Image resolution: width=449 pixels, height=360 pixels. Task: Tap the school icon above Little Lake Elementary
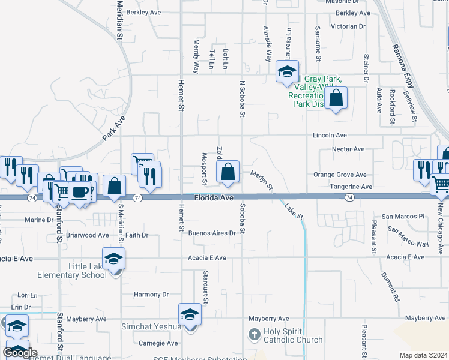click(x=113, y=259)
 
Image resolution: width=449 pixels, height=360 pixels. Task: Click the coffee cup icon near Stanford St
click(x=79, y=193)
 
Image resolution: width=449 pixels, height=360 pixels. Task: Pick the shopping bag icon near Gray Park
click(x=337, y=98)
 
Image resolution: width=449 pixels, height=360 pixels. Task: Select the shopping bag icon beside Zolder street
click(x=228, y=172)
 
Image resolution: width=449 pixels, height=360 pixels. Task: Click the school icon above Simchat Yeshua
click(x=190, y=314)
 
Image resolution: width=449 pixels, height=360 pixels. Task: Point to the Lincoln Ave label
click(x=330, y=136)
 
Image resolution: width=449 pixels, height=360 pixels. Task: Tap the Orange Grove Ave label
click(x=339, y=175)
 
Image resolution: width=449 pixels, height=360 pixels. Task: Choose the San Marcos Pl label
click(x=403, y=216)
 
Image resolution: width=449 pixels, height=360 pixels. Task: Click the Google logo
click(x=20, y=353)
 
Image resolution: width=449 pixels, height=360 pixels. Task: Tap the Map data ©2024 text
click(x=424, y=355)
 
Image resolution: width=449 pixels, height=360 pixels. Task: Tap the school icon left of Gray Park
click(x=287, y=72)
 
